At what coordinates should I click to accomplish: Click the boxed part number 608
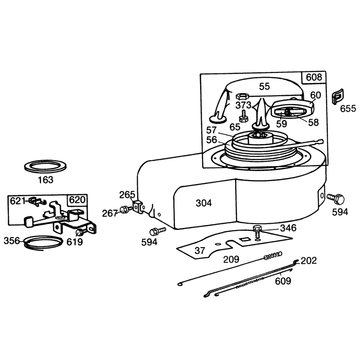314,77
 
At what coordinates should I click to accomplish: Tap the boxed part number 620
77,200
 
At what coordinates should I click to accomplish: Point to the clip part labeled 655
338,96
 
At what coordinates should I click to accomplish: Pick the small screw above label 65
243,116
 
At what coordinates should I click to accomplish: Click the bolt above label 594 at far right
336,199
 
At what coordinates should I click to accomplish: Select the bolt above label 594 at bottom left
157,231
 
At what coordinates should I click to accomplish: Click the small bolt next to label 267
126,210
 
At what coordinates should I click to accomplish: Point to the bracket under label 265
139,207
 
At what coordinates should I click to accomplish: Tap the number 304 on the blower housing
204,203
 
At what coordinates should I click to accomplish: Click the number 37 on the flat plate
200,251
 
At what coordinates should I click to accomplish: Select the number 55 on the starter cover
265,86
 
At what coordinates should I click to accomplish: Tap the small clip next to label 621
37,201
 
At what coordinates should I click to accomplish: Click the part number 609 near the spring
283,281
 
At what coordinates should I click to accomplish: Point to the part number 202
309,261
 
